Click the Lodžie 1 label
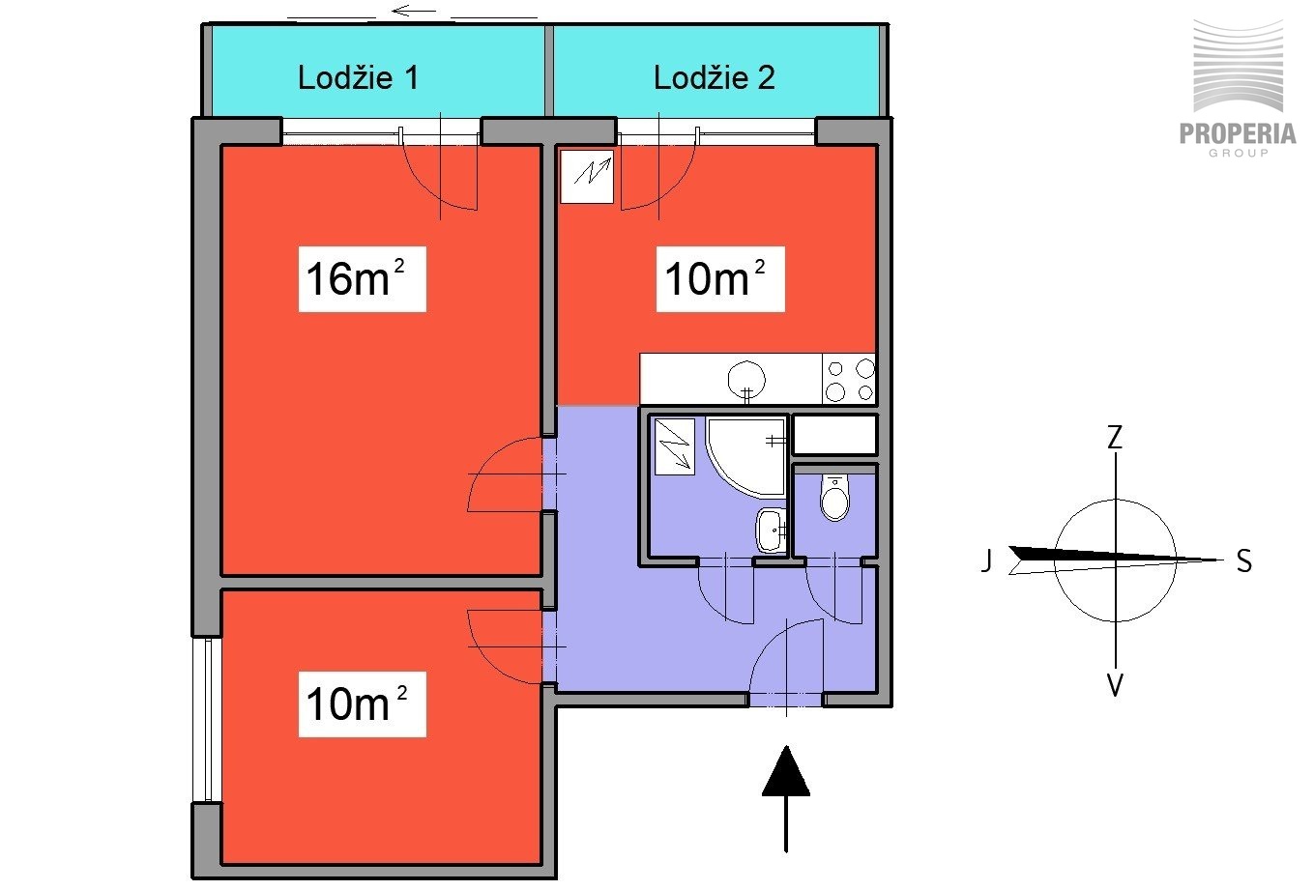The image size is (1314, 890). coord(359,77)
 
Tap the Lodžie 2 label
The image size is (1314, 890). coord(715,77)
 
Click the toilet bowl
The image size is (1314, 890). coord(834,498)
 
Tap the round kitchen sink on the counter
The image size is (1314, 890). coord(746,380)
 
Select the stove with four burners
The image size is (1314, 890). coord(849,379)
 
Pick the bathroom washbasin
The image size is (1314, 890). coord(771,531)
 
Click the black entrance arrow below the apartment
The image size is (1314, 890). coord(786,798)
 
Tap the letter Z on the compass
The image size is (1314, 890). coord(1115,438)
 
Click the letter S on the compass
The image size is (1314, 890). coord(1244,561)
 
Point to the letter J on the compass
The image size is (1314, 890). coord(986,560)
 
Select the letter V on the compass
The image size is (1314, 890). coord(1115,685)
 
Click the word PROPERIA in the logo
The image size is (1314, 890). coord(1238,133)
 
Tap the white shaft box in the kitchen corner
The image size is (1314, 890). coord(587,177)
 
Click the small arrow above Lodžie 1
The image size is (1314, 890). coord(414,11)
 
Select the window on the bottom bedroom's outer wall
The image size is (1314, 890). coord(208,719)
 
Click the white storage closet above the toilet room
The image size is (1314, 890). coord(834,435)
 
